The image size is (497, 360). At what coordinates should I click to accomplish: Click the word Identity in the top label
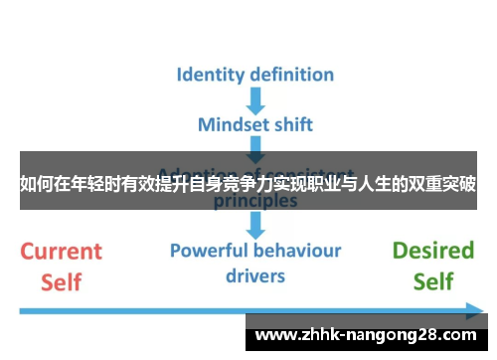[212, 75]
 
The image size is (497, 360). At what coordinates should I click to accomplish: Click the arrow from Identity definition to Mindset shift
[255, 99]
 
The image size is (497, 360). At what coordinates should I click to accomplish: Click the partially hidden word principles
[255, 200]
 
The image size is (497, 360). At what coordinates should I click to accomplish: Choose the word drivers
[255, 274]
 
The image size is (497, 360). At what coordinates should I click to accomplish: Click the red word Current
[62, 251]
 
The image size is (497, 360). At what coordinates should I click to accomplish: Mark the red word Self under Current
[62, 281]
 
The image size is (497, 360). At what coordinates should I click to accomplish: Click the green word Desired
[433, 251]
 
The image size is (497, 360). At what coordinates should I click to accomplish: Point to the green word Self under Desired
[433, 281]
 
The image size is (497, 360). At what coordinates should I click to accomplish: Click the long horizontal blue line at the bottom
[129, 312]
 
